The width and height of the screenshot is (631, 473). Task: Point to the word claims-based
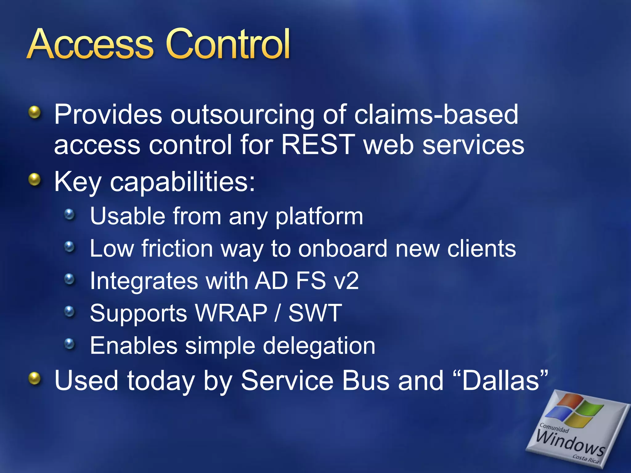pos(436,114)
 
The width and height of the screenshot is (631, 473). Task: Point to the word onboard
pos(342,249)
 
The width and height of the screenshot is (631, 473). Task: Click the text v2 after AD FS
pos(347,281)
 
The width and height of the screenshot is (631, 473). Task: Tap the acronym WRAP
pos(231,313)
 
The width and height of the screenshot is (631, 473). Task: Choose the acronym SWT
pos(315,313)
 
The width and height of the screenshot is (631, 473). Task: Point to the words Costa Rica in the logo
pos(585,459)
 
